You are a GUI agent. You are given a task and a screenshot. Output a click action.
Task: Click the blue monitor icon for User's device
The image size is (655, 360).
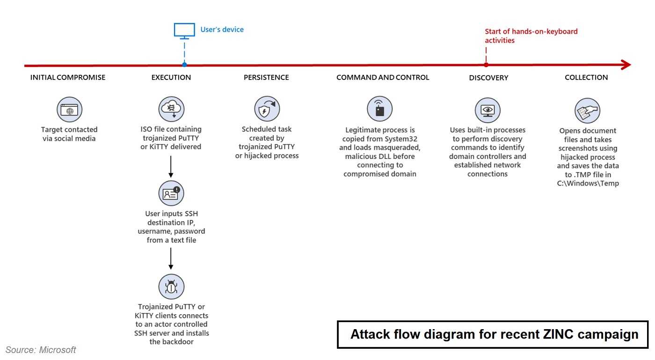click(184, 31)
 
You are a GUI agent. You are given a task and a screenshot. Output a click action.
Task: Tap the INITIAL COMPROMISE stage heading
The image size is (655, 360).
click(67, 78)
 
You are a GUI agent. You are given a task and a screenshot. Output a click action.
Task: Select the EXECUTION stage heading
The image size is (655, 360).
click(171, 78)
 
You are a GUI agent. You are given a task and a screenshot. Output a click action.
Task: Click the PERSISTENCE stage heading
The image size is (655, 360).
click(266, 78)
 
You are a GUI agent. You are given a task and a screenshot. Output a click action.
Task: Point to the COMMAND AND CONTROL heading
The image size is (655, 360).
click(383, 78)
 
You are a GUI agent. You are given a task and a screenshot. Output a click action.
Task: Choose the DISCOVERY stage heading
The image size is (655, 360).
click(488, 78)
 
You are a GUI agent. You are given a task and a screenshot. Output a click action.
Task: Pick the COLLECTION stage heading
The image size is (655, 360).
click(586, 78)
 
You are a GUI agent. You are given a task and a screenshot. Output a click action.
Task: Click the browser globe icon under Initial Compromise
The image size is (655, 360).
click(69, 109)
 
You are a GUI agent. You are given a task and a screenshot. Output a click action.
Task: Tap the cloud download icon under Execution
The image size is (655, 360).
click(171, 109)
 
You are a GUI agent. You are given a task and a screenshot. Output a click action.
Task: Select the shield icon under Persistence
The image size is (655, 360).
click(267, 108)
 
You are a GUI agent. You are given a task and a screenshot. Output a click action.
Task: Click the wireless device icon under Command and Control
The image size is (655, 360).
click(379, 108)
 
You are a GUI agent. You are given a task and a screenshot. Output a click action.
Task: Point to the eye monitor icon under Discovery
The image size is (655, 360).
click(488, 110)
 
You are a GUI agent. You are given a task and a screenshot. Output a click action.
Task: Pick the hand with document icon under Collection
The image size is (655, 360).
click(588, 111)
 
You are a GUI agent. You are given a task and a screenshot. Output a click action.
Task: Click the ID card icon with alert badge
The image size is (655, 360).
click(171, 193)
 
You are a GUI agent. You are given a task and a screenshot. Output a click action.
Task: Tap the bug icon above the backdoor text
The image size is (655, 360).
click(171, 287)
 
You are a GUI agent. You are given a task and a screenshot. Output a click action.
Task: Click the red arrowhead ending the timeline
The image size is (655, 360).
click(626, 65)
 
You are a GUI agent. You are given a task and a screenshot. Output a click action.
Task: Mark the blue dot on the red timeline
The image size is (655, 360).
click(184, 65)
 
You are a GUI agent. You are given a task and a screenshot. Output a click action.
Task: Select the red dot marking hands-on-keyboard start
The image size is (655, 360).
click(486, 65)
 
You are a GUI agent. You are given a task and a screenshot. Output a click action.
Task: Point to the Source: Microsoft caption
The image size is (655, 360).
click(41, 350)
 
